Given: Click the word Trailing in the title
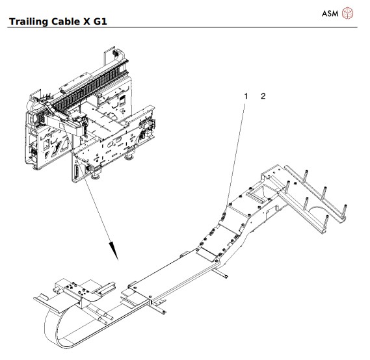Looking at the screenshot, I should [28, 21].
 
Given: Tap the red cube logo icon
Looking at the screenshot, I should [349, 13].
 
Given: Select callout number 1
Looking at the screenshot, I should [246, 96].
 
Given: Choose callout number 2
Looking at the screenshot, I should [263, 96].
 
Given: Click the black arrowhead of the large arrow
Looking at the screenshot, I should [114, 249].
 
